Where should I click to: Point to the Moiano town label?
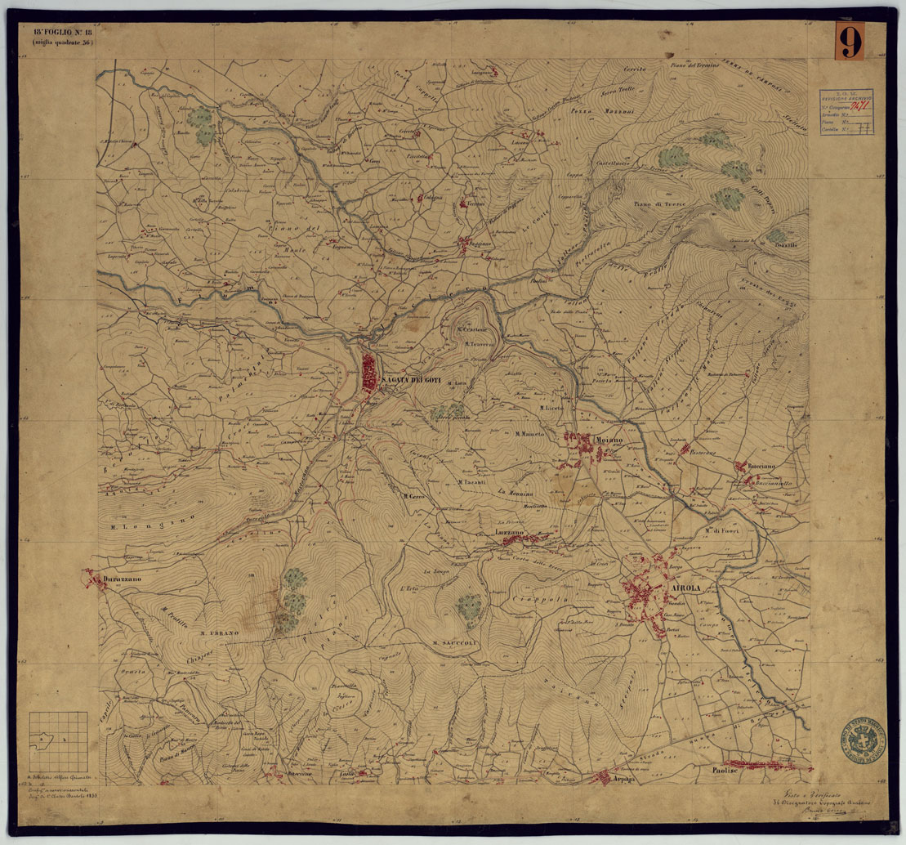(x=609, y=440)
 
